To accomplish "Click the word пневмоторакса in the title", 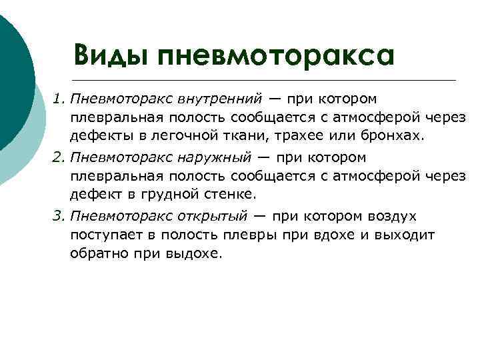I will pyautogui.click(x=276, y=55).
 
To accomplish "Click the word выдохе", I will pyautogui.click(x=201, y=254).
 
